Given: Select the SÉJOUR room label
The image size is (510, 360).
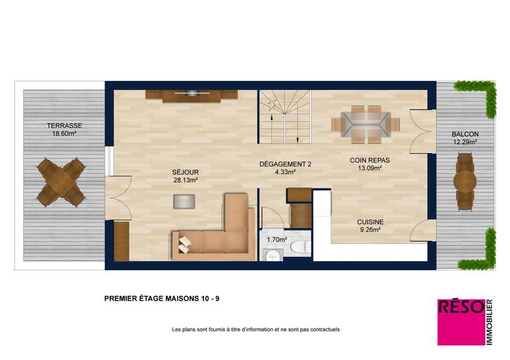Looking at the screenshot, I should click(x=184, y=172).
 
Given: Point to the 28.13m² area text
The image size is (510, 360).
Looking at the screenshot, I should click(x=184, y=180).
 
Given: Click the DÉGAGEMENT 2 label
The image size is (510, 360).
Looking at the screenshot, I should click(x=285, y=164).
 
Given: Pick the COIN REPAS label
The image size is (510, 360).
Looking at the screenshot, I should click(x=365, y=161).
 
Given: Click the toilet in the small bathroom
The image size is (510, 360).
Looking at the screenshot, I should click(x=298, y=247).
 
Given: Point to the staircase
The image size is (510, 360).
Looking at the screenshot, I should click(x=284, y=117).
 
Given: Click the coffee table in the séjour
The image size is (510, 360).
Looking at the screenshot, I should click(x=185, y=201).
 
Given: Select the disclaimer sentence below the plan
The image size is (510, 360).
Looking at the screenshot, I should click(x=256, y=329).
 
